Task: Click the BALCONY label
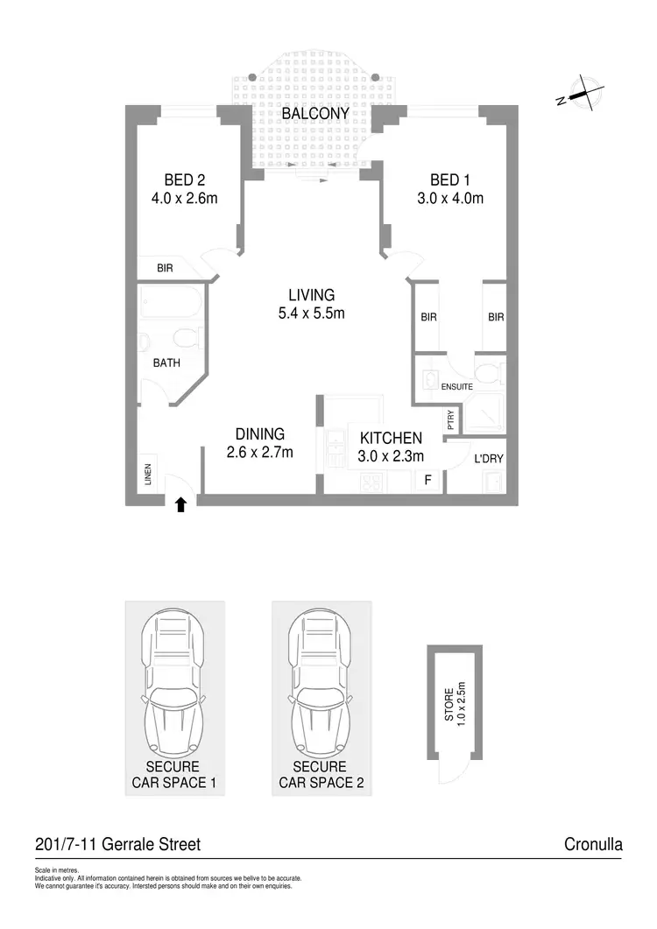point(314,114)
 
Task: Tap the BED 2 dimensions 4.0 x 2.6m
point(184,198)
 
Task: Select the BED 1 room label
point(450,179)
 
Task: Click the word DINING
point(259,433)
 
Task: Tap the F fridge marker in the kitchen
point(427,480)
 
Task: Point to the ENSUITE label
point(456,386)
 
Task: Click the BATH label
point(166,362)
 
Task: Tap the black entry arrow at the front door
point(181,503)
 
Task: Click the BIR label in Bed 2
point(165,270)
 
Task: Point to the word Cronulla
point(594,845)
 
